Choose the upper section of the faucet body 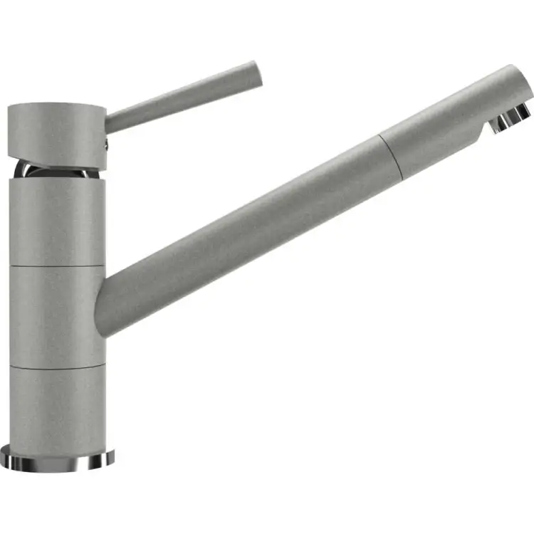[57, 221]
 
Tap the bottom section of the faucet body [57, 406]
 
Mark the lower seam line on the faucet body [57, 367]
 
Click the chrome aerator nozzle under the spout [511, 120]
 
